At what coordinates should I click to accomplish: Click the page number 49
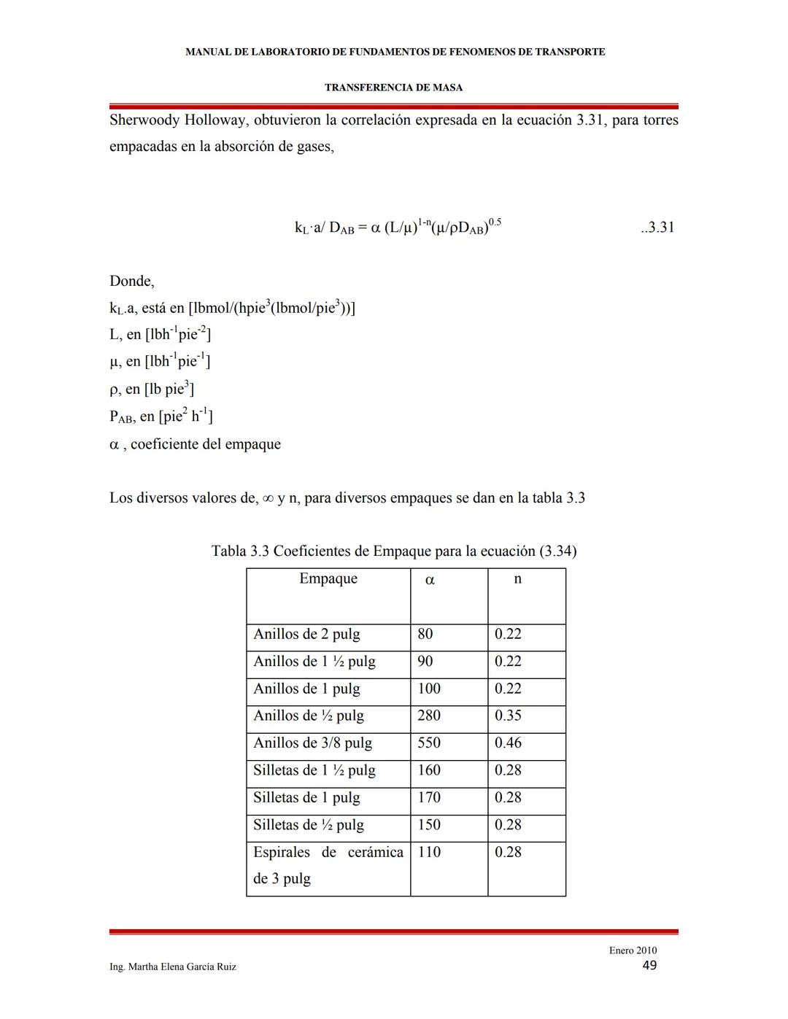tap(649, 965)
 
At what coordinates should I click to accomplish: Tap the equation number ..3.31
tap(657, 227)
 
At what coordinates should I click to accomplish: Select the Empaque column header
tap(328, 578)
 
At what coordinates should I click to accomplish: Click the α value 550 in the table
tap(429, 743)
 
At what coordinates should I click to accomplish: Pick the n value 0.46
tap(508, 743)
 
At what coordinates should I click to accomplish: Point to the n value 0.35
tap(508, 716)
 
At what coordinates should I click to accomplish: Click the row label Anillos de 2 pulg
tap(306, 634)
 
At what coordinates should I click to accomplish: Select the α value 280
tap(429, 716)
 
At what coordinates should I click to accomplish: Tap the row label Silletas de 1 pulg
tap(306, 797)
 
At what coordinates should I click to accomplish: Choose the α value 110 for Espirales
tap(429, 852)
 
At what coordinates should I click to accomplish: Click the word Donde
tap(131, 281)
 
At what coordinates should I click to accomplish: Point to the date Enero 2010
tap(633, 950)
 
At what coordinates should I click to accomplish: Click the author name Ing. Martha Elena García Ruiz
tap(173, 966)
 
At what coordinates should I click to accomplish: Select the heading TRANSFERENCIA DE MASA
tap(393, 88)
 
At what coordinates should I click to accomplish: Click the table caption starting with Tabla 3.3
tap(393, 551)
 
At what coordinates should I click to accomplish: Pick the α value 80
tap(425, 634)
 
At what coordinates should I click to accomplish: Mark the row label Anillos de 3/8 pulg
tap(312, 743)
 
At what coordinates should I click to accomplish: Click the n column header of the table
tap(517, 578)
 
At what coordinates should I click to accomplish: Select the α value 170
tap(429, 797)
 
